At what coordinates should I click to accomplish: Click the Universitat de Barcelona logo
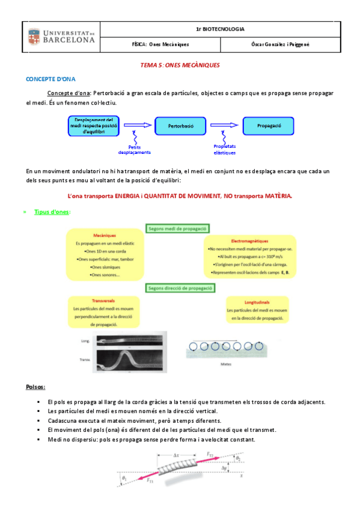point(63,37)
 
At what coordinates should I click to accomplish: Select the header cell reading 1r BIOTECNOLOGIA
point(220,29)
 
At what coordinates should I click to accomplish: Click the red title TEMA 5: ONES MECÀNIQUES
point(180,65)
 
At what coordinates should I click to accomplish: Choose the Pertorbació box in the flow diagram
point(179,126)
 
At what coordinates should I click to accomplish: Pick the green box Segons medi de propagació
point(177,229)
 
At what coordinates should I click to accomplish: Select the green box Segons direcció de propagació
point(180,288)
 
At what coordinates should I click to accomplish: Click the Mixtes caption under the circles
point(227,363)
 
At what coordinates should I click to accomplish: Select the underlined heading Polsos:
point(36,387)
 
